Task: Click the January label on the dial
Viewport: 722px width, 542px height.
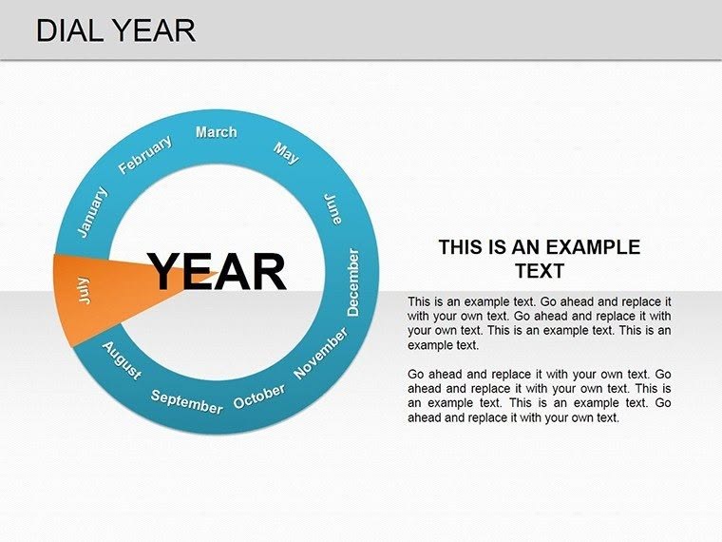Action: tap(92, 212)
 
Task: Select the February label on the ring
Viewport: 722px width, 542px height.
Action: tap(144, 155)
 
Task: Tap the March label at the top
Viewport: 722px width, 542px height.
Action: tap(216, 132)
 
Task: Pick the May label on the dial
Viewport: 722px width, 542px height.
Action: tap(286, 152)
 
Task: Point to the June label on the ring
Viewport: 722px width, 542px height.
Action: tap(332, 208)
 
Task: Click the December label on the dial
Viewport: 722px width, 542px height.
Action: tap(353, 282)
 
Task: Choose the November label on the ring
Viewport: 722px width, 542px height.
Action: tap(321, 354)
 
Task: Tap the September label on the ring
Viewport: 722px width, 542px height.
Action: tap(186, 402)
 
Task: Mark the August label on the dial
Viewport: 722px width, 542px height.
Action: tap(122, 360)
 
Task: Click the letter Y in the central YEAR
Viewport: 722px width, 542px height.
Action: tap(165, 272)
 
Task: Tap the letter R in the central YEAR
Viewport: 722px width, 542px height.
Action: tap(268, 272)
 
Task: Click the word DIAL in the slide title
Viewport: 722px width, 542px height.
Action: tap(67, 30)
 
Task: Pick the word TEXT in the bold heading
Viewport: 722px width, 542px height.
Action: tap(539, 271)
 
